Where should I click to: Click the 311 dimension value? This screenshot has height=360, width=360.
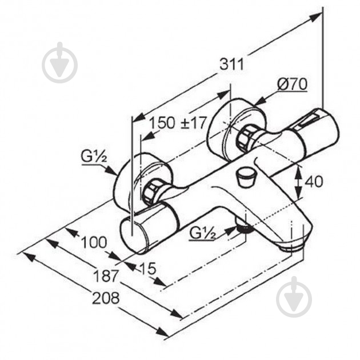point(231,64)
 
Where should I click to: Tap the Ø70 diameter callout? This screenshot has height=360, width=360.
point(292,84)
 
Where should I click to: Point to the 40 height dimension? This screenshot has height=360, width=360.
point(313,181)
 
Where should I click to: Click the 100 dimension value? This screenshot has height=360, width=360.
point(94,242)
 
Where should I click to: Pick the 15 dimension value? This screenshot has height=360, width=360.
point(147,268)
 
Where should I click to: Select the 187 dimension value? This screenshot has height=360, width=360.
point(106,276)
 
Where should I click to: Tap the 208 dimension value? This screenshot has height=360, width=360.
point(106,298)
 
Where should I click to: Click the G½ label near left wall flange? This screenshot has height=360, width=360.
point(94,157)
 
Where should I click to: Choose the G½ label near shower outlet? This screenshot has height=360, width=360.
point(203,233)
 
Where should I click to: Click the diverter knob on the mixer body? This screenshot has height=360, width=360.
point(246,177)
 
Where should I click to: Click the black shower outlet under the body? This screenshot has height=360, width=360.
point(245,229)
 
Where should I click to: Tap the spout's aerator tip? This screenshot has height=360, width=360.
point(291,247)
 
